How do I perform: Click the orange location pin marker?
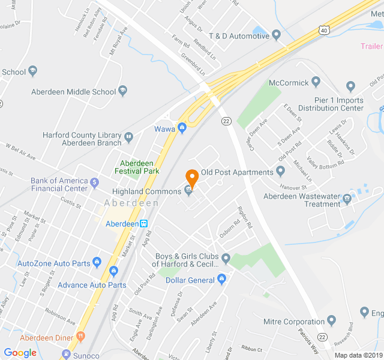tap(192, 178)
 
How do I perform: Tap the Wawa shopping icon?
tap(182, 128)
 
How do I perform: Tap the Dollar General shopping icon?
tap(221, 280)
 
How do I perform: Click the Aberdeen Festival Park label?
tap(139, 167)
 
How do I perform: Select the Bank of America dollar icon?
tap(94, 181)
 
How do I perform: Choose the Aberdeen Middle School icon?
tap(123, 92)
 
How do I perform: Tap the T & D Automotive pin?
tap(277, 36)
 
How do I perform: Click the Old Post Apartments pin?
tap(280, 172)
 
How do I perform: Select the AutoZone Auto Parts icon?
tap(97, 263)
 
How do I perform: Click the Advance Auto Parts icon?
tap(133, 285)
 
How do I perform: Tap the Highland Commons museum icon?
tap(188, 191)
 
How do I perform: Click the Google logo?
tap(20, 353)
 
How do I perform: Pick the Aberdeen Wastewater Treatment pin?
tap(347, 199)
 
